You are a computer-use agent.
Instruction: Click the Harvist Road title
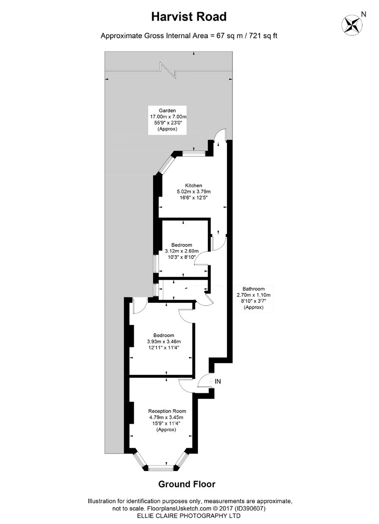coord(189,16)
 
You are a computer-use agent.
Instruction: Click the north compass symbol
coord(352,25)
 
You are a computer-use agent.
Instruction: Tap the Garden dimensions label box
coord(167,120)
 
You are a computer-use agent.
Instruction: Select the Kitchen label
coord(193,186)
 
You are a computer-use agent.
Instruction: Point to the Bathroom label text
coord(253,289)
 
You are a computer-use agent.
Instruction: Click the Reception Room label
coord(167,411)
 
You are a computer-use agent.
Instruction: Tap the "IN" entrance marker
coord(218,381)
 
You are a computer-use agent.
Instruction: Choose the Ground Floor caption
coord(187,484)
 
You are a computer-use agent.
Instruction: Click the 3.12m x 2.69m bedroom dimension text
coord(182,251)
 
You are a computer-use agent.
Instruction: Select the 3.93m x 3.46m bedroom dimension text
coord(164,341)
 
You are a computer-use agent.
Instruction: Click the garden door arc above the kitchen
coord(220,133)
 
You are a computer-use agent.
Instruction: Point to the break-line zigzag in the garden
coord(169,70)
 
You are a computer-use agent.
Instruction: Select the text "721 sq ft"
coord(264,36)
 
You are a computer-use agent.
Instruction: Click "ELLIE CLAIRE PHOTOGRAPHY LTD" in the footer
coord(189,516)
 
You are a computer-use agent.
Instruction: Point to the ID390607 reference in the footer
coord(250,509)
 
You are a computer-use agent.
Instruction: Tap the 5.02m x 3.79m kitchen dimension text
coord(193,192)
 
